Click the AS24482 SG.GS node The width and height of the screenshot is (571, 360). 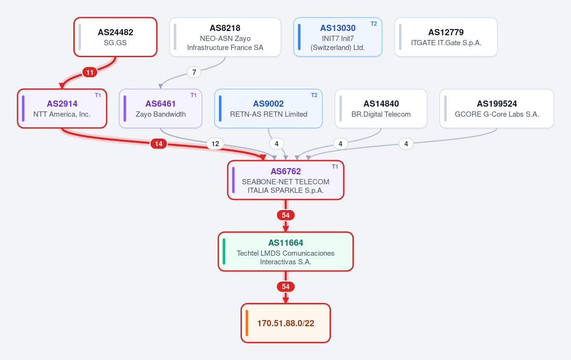(115, 37)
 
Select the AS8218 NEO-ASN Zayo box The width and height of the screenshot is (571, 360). (225, 37)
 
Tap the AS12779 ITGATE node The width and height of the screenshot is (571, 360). (446, 37)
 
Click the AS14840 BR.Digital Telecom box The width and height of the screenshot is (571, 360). (381, 109)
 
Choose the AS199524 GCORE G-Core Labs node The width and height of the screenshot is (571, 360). (497, 109)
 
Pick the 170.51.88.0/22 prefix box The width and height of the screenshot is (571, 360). (286, 323)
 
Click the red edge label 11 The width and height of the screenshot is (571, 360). (90, 72)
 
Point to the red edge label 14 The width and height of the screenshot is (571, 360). (159, 144)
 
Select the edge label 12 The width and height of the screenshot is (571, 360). (215, 144)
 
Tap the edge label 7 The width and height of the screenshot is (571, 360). (194, 72)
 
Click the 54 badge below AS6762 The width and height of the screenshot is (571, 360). (286, 215)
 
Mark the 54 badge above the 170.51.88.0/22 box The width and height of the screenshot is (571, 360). (286, 287)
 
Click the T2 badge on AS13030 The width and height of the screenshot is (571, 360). (374, 24)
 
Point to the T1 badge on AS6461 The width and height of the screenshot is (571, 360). (193, 95)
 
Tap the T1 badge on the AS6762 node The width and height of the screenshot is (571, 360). (335, 167)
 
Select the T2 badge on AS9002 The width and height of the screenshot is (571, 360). (314, 95)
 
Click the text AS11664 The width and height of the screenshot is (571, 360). (286, 243)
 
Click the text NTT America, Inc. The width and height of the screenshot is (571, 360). (62, 114)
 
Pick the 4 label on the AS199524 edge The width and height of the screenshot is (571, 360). (406, 144)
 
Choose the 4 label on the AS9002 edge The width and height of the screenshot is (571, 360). (276, 144)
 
